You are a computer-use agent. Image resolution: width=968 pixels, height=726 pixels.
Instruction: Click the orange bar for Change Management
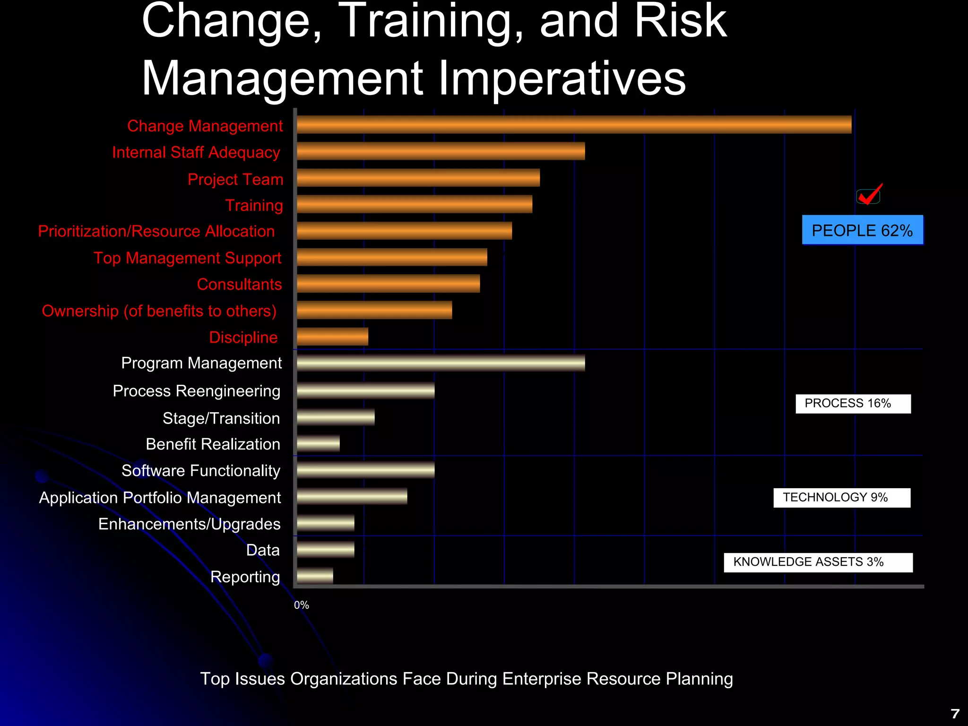[574, 125]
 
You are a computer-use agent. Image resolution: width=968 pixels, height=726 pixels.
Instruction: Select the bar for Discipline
[332, 337]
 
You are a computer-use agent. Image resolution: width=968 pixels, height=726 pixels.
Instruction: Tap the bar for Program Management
[441, 363]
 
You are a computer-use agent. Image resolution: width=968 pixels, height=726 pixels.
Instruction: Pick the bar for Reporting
[315, 576]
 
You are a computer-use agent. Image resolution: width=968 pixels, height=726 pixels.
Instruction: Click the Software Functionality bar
[365, 470]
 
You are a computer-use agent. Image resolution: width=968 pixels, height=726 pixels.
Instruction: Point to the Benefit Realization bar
[318, 443]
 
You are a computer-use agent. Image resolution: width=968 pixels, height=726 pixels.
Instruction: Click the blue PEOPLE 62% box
[862, 230]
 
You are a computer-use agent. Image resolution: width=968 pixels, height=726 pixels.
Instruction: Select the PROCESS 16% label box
[853, 404]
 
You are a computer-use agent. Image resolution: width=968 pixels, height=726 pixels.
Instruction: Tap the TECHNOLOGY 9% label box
[841, 498]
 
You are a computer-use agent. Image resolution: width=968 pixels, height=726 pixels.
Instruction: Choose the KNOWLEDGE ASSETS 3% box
[818, 562]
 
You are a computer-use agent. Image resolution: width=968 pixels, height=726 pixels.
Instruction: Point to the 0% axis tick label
[301, 605]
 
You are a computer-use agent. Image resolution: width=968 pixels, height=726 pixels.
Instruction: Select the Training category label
[254, 205]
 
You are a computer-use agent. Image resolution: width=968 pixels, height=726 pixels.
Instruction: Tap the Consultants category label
[239, 284]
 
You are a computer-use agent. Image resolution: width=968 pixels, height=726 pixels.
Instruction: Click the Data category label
[263, 550]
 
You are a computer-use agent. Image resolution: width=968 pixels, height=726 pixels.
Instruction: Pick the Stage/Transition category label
[221, 418]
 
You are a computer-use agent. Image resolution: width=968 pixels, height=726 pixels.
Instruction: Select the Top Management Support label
[187, 258]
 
